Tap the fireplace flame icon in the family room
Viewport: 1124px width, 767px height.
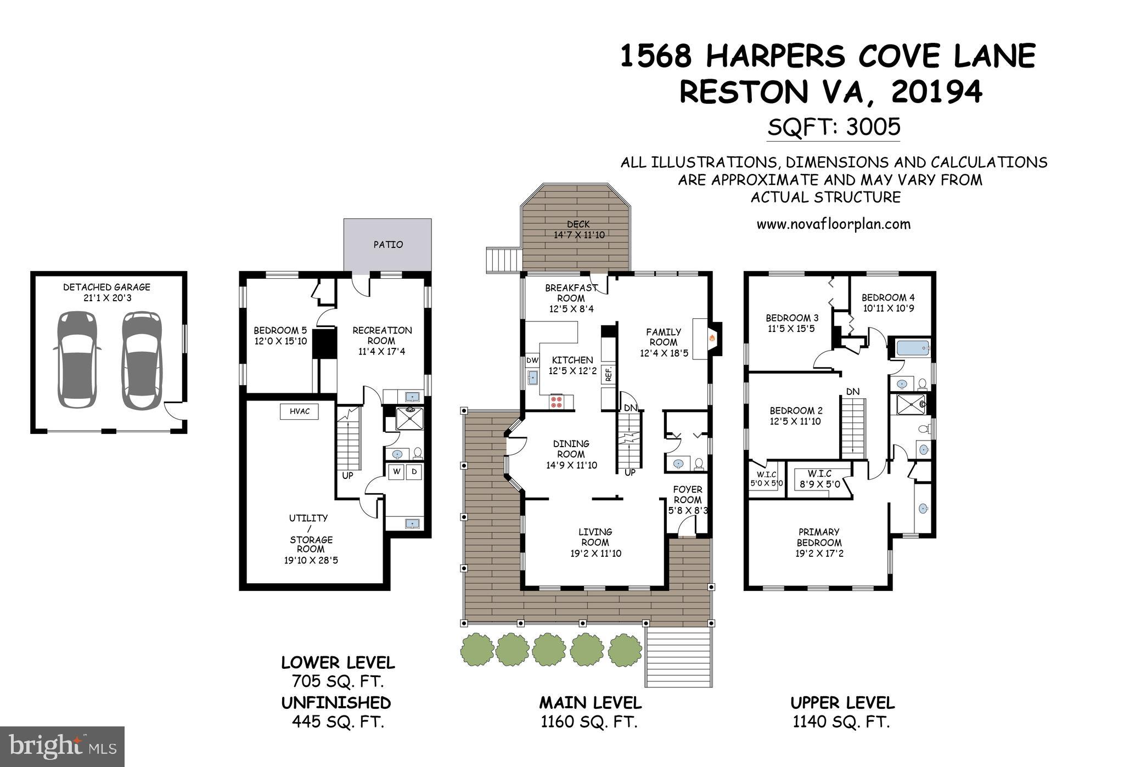click(x=712, y=339)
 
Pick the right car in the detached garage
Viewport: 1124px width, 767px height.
click(x=140, y=360)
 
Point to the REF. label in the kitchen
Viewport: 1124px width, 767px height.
click(x=608, y=374)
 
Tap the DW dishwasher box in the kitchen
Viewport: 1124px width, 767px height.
click(x=532, y=360)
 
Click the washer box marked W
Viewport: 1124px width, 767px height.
click(x=396, y=472)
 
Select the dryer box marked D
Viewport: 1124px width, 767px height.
click(x=414, y=472)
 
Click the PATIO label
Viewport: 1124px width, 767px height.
click(x=388, y=245)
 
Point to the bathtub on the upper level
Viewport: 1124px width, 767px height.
click(x=912, y=348)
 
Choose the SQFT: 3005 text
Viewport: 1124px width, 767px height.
click(x=834, y=127)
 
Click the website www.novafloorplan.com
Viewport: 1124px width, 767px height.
click(x=833, y=224)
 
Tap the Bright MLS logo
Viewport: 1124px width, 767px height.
click(x=63, y=747)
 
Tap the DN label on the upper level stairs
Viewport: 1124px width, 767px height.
click(x=852, y=392)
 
